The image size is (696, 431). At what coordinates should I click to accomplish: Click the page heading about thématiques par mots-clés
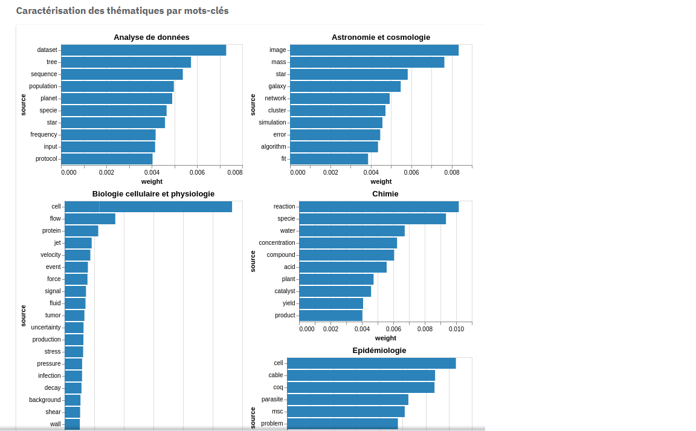122,11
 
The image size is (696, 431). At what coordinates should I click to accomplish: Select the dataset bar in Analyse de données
143,50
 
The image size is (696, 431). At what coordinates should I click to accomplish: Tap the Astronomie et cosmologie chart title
381,37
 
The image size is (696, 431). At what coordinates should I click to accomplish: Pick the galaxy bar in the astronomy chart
345,86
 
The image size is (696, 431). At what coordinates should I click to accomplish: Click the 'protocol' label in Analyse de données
46,159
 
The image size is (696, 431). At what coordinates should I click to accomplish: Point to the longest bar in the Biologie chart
148,207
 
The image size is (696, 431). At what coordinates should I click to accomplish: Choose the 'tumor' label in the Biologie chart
53,316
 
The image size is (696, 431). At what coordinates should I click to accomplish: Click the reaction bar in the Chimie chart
378,207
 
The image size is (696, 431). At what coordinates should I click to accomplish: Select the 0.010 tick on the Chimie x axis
456,329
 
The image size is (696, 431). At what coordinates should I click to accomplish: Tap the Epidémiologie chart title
379,351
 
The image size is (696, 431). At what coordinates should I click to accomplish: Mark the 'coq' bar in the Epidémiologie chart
361,387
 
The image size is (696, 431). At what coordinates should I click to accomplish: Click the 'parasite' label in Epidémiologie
272,400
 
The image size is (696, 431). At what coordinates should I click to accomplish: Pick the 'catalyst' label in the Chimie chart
285,291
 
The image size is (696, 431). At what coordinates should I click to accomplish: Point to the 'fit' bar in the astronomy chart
329,159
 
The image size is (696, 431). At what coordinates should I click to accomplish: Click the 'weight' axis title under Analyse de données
152,181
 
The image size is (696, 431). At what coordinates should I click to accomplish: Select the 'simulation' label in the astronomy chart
272,123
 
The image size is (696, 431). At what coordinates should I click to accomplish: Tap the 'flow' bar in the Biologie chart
90,219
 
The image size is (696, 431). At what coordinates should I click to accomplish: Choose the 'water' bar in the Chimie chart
352,231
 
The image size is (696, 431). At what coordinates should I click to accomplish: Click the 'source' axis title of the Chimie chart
253,261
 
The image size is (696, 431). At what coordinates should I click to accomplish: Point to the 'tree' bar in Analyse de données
126,62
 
